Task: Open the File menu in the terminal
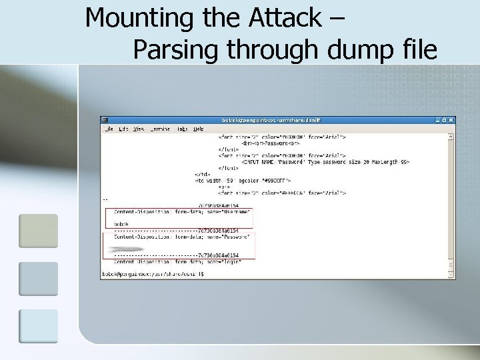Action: [x=109, y=129]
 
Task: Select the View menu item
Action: [x=139, y=129]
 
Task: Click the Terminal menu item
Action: [x=160, y=129]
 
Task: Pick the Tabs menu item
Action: [x=182, y=129]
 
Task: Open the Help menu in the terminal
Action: [x=199, y=129]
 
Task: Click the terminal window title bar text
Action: [x=271, y=120]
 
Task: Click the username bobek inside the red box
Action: [x=121, y=224]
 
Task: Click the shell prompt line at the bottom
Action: [x=153, y=274]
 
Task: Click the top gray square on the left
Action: [x=38, y=231]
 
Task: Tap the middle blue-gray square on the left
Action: [x=38, y=279]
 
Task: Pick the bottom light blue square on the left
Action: [x=38, y=326]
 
